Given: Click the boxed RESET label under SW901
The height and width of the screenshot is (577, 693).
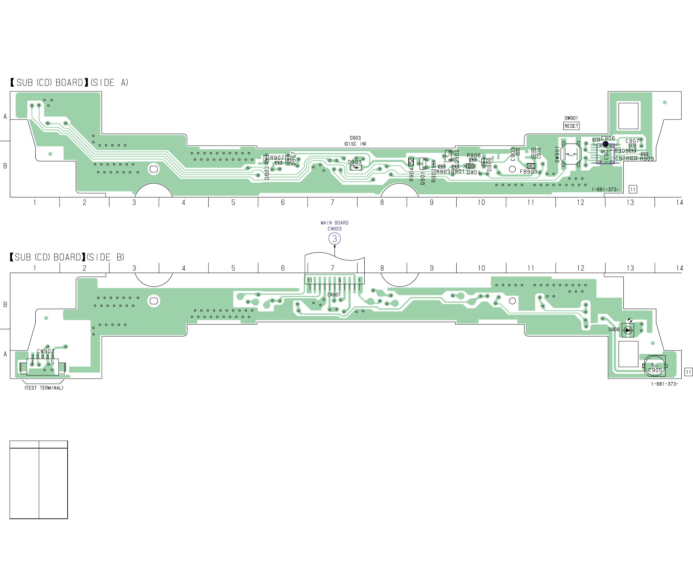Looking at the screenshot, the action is tap(571, 126).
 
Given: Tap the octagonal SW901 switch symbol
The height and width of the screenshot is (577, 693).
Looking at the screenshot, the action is tap(571, 154).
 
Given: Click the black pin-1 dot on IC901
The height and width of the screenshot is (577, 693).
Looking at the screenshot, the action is tap(606, 144).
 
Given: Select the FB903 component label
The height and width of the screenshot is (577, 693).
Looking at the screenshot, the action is tap(528, 172).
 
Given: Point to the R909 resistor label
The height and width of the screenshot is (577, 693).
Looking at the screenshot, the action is tap(647, 159).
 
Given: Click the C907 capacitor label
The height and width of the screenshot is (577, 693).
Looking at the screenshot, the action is tap(632, 141).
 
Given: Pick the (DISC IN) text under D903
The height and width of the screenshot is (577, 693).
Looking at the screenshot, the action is tap(355, 144).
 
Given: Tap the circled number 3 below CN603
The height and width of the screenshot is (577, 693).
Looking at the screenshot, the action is tap(334, 238).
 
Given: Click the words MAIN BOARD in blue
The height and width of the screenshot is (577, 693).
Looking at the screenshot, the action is tap(334, 223).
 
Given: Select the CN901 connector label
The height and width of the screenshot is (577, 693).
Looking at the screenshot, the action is tap(334, 295).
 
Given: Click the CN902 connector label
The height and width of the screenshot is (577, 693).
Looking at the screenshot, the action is tap(46, 351).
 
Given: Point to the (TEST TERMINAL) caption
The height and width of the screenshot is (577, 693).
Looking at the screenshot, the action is tap(44, 388).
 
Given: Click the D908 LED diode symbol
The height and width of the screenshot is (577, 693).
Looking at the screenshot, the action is tap(628, 330).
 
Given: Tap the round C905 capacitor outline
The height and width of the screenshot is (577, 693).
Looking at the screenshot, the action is tap(655, 366).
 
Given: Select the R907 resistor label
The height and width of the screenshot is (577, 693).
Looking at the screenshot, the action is tap(277, 158).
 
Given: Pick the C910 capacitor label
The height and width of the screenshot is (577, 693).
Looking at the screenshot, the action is tap(539, 153).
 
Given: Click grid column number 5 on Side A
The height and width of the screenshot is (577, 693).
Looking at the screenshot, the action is tap(233, 202).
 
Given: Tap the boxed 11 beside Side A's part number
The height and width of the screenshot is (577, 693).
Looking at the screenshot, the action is tap(633, 189).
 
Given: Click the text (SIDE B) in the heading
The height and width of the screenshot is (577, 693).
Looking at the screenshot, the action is tap(105, 257).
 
